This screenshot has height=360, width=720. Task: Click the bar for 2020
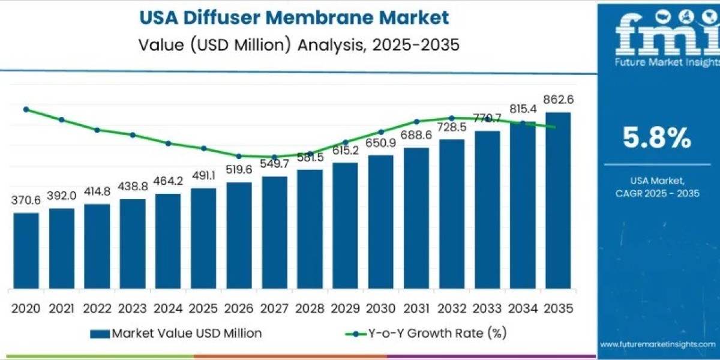(26, 250)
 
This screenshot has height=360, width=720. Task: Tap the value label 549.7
(274, 163)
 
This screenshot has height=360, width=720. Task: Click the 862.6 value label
(557, 99)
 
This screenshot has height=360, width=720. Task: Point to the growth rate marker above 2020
(26, 109)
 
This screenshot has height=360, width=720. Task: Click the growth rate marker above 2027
(274, 157)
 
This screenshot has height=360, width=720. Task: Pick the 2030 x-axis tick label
(380, 308)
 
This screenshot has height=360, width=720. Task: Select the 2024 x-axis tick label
(168, 308)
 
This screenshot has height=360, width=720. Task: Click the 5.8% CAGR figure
(656, 139)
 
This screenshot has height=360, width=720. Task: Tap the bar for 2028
(310, 229)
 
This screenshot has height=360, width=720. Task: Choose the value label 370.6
(26, 201)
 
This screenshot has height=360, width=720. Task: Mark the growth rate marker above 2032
(451, 118)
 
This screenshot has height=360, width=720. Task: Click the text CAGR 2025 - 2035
(657, 193)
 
